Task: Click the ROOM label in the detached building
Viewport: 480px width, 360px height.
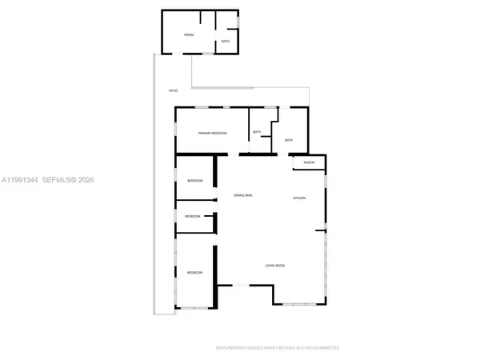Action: point(190,35)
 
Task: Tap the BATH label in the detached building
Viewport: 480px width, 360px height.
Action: point(226,41)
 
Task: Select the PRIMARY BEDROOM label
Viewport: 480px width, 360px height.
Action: point(213,133)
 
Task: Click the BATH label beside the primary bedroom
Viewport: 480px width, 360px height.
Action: point(257,132)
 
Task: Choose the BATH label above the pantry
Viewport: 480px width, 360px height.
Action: point(289,141)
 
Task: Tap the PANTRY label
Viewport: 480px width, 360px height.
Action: point(309,163)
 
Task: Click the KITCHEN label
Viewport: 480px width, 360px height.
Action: point(300,198)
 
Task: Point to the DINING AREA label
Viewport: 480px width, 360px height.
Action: point(243,195)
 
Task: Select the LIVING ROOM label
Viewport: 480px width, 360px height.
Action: point(275,266)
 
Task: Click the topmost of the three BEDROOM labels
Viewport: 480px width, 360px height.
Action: point(194,181)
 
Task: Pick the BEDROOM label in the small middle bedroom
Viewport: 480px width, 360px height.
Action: point(193,216)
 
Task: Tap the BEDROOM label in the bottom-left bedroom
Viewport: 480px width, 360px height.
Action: point(194,273)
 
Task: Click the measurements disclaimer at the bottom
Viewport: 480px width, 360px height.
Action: point(278,348)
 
